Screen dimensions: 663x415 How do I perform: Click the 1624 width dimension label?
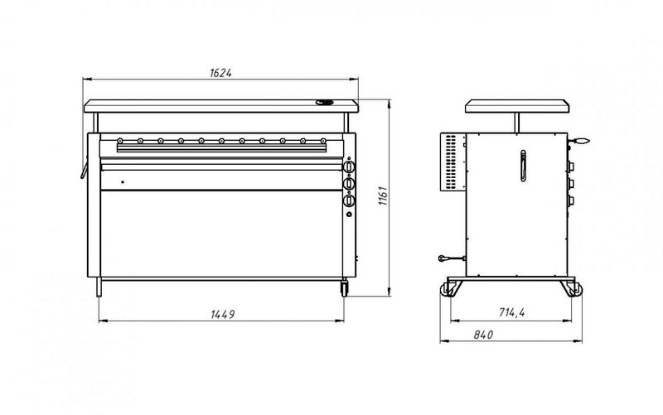220,73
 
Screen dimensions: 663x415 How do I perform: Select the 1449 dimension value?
222,315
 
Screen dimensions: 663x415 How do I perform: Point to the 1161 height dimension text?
383,195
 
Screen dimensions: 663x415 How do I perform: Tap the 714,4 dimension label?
511,312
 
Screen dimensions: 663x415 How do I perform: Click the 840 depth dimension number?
483,335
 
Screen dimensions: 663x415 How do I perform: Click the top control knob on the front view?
349,166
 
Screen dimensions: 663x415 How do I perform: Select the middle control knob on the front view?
349,183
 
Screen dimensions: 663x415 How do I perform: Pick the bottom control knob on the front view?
349,200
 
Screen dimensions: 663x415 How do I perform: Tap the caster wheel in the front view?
344,287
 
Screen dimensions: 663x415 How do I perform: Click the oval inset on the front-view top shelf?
324,102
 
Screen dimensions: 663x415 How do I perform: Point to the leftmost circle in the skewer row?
120,141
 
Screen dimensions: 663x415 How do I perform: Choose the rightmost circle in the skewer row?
323,141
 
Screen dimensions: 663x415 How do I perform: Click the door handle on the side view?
523,166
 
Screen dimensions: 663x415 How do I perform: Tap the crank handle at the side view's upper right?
578,141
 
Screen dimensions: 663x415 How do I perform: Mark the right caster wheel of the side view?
574,289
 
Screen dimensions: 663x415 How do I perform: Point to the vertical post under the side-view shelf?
516,123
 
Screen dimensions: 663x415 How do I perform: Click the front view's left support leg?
99,287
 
